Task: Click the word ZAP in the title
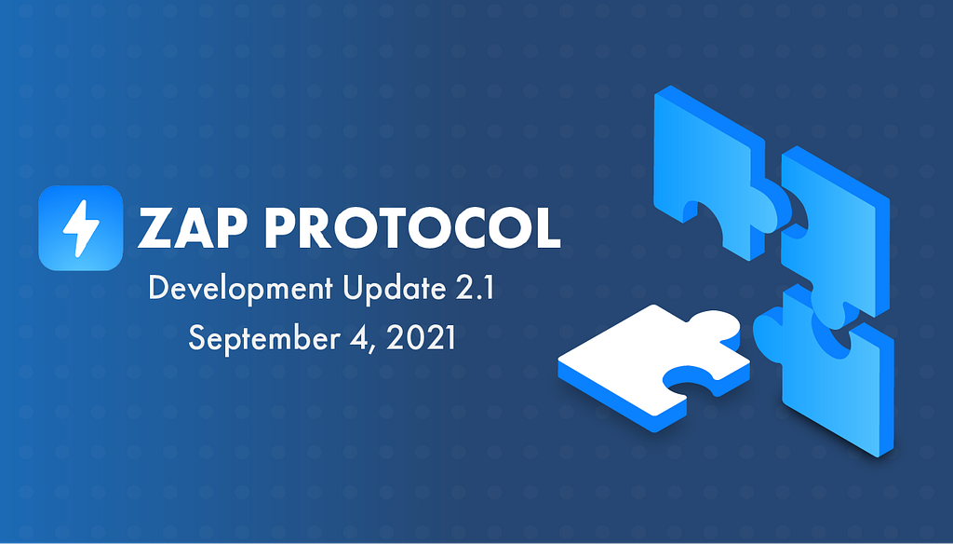point(193,227)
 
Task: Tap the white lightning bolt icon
point(81,228)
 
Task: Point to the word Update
point(395,289)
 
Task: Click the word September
point(262,338)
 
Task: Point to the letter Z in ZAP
point(155,228)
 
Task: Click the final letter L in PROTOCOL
point(545,228)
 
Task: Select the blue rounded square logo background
point(81,228)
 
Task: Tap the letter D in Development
point(158,287)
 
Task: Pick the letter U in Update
point(354,287)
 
